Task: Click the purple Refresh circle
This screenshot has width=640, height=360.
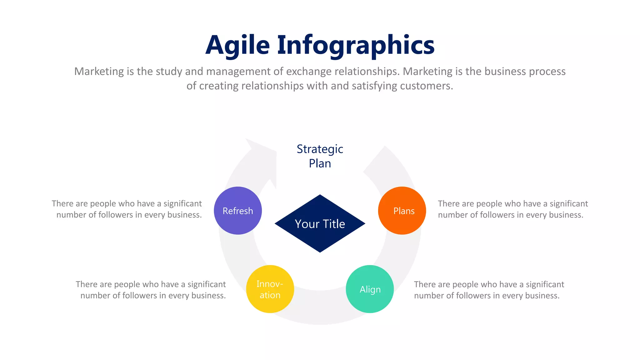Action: tap(238, 211)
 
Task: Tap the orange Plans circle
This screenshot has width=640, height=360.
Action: tap(402, 211)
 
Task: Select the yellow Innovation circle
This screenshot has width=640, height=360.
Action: tap(270, 289)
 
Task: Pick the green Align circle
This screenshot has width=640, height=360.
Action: tap(370, 289)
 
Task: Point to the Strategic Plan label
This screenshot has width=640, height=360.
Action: tap(320, 156)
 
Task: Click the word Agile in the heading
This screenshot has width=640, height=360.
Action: tap(237, 45)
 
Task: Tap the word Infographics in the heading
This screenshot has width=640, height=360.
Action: tap(356, 45)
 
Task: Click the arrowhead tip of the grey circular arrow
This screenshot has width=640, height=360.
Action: tap(247, 141)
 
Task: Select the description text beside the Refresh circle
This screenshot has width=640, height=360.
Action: tap(127, 209)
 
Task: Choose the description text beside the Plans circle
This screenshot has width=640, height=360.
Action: tap(512, 209)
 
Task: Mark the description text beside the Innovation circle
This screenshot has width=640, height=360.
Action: tap(151, 290)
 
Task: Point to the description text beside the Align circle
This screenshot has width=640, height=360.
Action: tap(489, 290)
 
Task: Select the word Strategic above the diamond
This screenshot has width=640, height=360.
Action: tap(320, 149)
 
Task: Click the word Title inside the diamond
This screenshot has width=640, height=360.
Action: tap(334, 224)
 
